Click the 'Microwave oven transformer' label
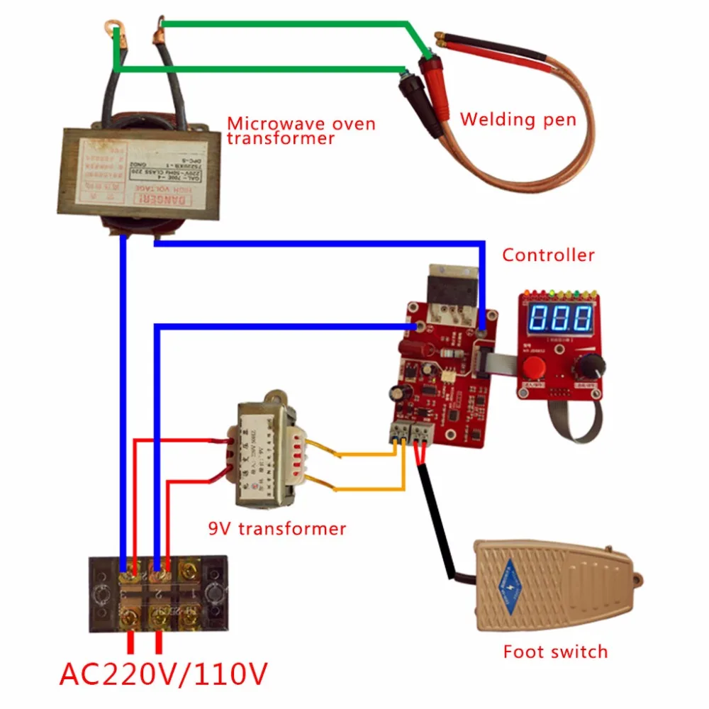coord(301,130)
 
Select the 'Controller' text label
coord(548,255)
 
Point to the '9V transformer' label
coord(277,528)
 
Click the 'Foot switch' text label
coord(555,651)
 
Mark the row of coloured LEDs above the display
coord(561,292)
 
